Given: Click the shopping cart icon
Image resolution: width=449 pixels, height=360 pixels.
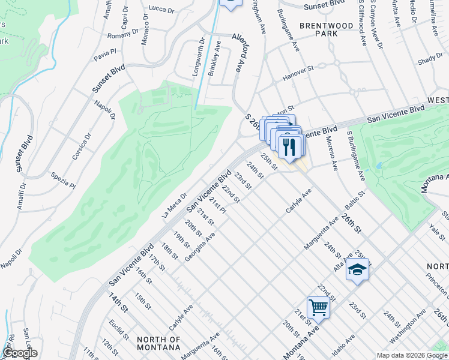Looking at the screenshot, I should (318, 308).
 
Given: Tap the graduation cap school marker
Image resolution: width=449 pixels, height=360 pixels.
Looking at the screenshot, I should (357, 269).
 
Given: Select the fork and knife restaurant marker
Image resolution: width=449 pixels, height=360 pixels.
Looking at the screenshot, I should (291, 147).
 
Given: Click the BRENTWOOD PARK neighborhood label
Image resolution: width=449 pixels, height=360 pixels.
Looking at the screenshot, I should (327, 30).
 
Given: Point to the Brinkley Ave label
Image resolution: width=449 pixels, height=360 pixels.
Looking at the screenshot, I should (214, 58).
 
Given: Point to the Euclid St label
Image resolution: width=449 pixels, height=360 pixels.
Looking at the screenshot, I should (118, 332).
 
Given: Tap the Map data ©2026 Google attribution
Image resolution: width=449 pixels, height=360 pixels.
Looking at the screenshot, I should (411, 355).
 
